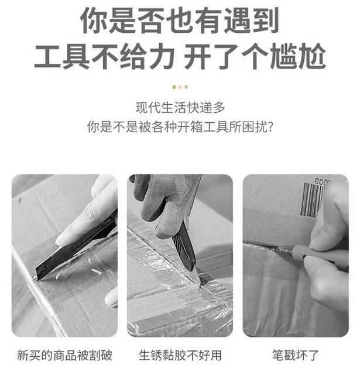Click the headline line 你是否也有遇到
click(x=180, y=20)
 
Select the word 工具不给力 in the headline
click(x=104, y=56)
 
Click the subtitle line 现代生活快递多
click(x=180, y=108)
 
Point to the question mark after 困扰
click(x=270, y=127)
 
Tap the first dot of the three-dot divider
click(x=174, y=87)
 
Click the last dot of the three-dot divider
click(x=186, y=87)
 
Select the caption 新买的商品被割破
click(x=65, y=356)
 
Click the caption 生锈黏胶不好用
click(x=180, y=356)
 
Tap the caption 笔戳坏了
click(x=296, y=356)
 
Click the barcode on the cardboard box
click(x=313, y=199)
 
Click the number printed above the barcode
click(x=323, y=182)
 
